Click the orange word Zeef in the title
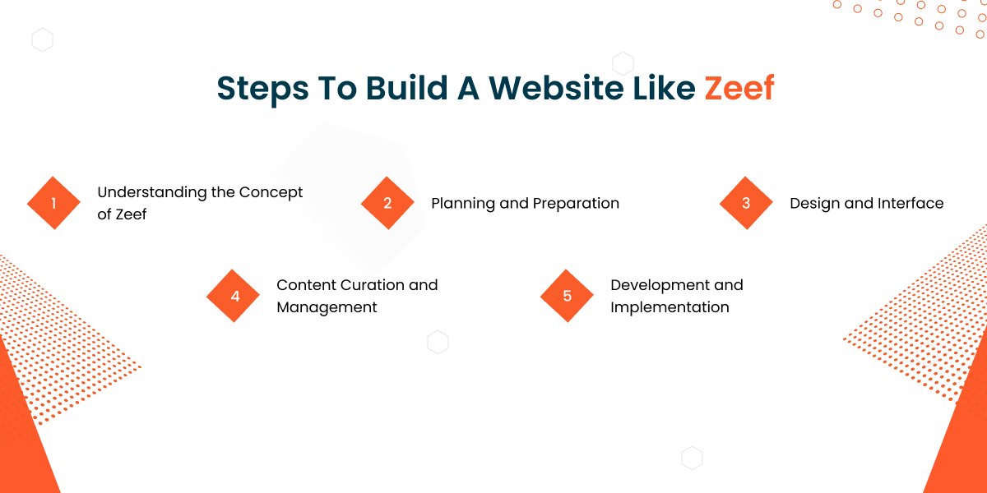tap(739, 89)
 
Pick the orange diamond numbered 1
tap(53, 203)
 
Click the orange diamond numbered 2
tap(387, 203)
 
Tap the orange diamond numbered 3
tap(746, 203)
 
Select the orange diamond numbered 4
tap(234, 296)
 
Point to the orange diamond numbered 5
tap(567, 296)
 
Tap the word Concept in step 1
tap(271, 192)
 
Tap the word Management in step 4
tap(327, 307)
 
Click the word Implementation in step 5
tap(670, 307)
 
